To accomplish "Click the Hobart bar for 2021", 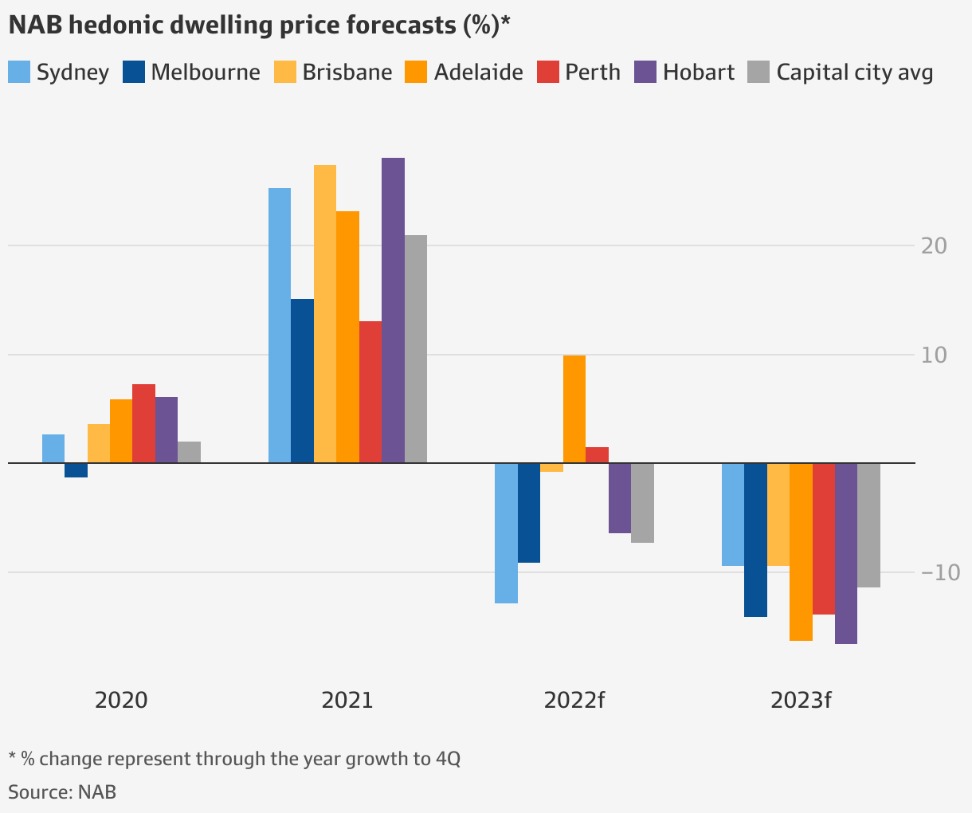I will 393,310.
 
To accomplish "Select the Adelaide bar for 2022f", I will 574,409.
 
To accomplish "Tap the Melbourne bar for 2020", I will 76,470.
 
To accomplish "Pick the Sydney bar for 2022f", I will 506,532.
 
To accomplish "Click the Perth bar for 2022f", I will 598,455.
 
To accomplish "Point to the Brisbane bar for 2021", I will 325,314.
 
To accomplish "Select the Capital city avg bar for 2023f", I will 869,525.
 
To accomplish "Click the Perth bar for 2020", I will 144,423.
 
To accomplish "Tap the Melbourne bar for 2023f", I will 755,540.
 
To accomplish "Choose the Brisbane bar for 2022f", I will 551,468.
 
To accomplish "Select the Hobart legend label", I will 699,72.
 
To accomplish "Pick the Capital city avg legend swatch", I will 758,72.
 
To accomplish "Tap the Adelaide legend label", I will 478,72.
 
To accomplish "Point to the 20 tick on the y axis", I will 934,245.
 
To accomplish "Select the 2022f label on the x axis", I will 574,701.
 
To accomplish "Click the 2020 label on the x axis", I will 121,701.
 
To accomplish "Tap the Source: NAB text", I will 62,791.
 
